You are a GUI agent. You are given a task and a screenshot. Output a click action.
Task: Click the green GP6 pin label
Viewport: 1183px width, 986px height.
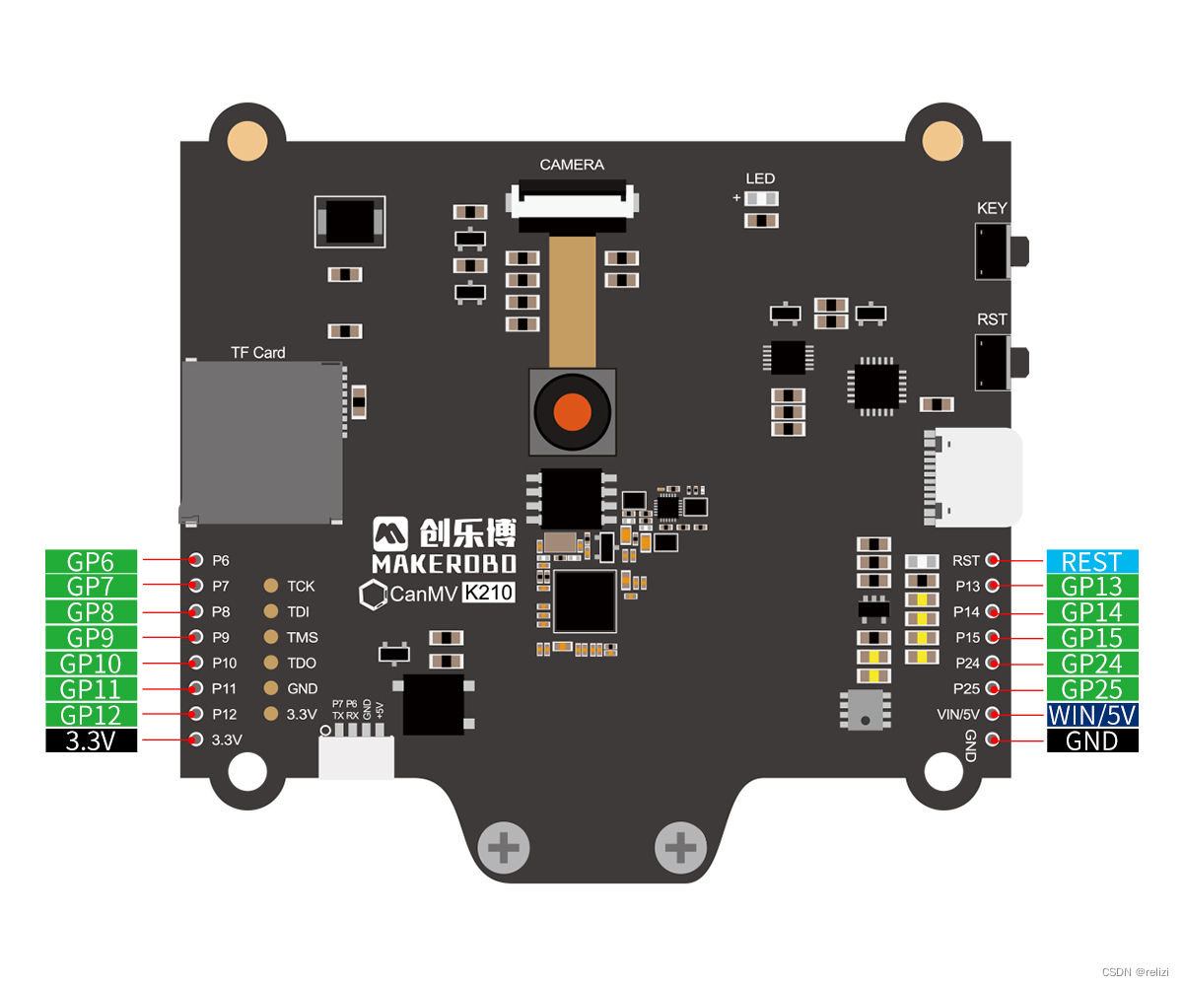tap(92, 561)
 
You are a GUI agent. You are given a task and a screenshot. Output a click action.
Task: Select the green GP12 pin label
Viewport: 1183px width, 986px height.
tap(92, 715)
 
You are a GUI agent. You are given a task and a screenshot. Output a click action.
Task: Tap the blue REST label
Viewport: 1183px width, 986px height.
tap(1091, 561)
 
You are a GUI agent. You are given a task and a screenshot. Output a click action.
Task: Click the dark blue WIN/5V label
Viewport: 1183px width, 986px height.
tap(1091, 715)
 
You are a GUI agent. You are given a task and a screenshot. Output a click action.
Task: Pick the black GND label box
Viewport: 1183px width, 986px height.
tap(1091, 740)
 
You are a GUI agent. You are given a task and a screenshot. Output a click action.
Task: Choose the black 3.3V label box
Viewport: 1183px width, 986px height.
tap(92, 740)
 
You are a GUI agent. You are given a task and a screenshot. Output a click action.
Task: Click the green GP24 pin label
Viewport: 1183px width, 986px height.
tap(1091, 664)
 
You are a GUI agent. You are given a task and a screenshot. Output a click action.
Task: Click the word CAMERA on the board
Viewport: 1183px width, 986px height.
tap(572, 165)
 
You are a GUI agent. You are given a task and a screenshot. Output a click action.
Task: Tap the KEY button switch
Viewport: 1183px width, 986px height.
tap(996, 250)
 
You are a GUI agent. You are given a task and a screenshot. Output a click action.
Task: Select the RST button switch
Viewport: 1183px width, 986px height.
tap(996, 362)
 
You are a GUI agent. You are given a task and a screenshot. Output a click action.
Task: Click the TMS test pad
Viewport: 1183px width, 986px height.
tap(271, 637)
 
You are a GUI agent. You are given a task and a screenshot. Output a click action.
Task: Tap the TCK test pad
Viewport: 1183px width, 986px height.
tap(271, 586)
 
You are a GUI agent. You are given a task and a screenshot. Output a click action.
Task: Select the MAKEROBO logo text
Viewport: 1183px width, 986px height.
tap(444, 563)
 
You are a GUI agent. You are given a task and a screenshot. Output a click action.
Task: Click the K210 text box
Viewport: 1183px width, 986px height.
tap(490, 594)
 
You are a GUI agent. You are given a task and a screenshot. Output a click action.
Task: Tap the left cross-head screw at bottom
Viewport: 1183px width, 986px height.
tap(503, 847)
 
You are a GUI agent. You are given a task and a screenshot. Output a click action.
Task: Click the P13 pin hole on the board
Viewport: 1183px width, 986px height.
tap(993, 586)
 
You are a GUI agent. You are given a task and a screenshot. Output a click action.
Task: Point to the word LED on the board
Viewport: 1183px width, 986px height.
tap(760, 178)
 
